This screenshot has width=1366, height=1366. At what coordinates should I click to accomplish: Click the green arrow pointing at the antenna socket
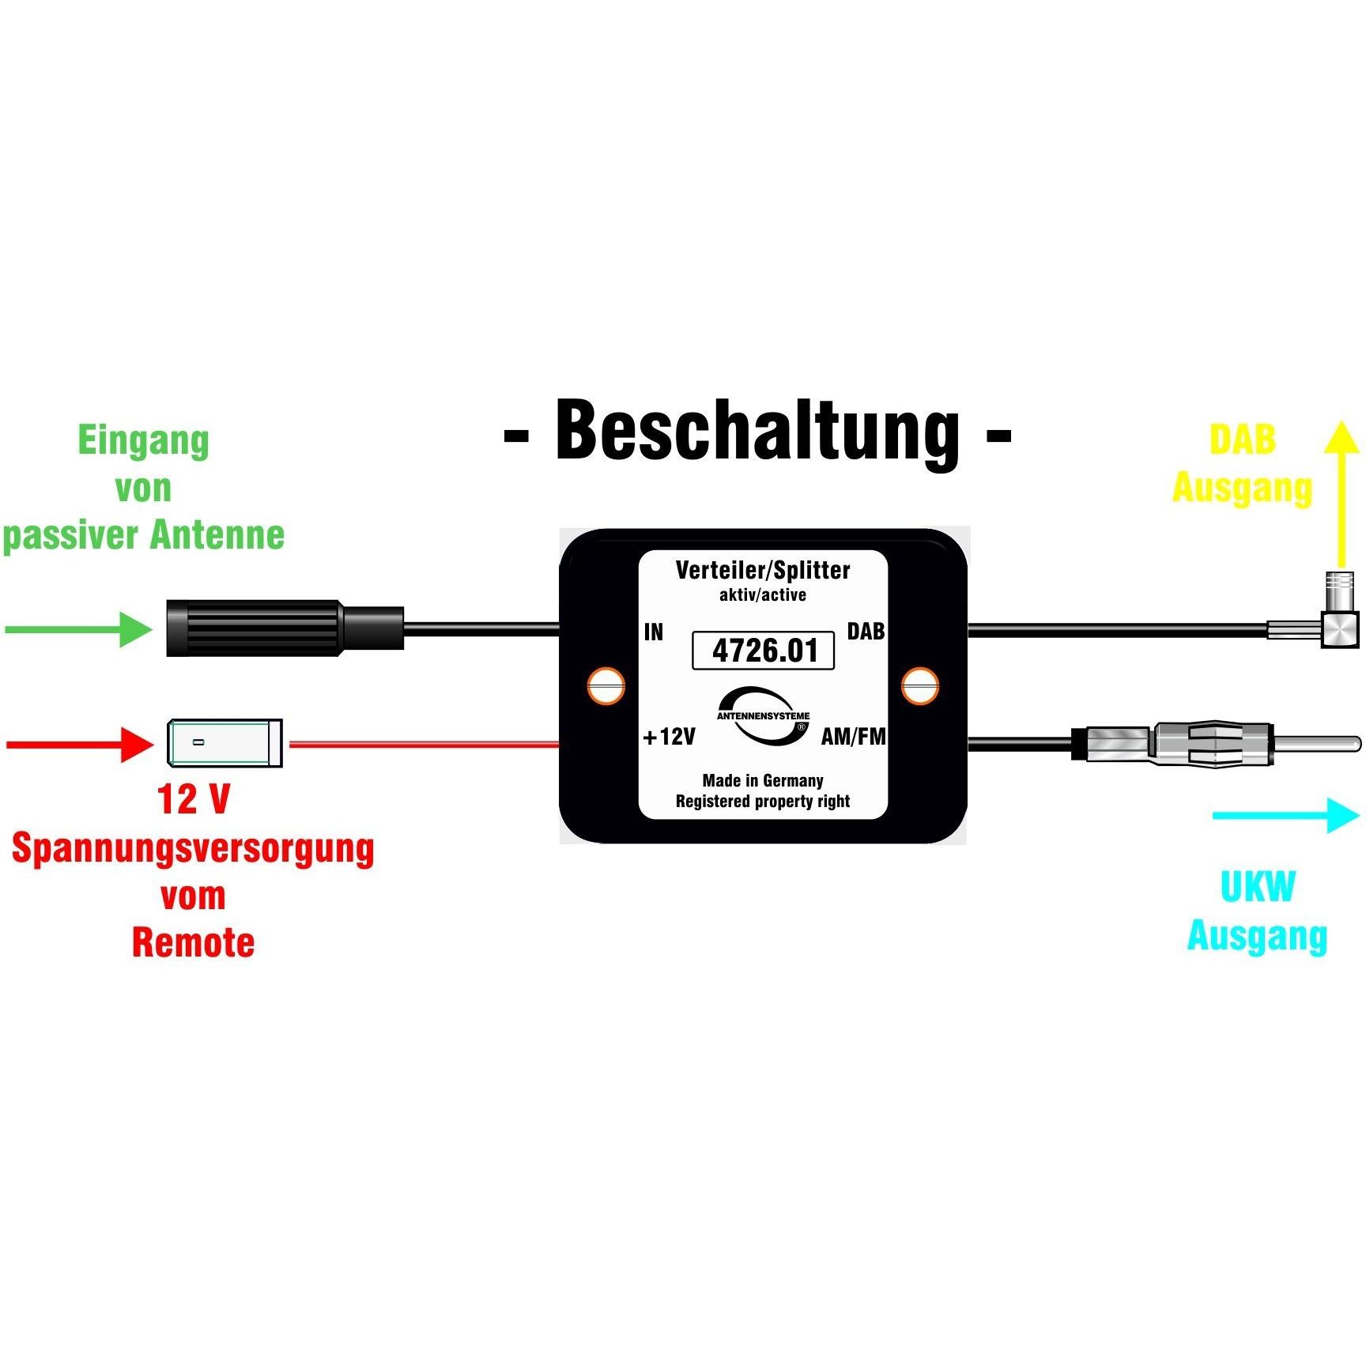pos(79,629)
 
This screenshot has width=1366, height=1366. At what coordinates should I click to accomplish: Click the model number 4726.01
pos(764,651)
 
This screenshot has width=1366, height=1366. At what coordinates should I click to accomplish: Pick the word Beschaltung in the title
pos(757,432)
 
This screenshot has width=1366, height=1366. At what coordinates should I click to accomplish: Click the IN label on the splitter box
pos(654,632)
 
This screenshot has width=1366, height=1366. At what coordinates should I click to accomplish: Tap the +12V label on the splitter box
pos(670,737)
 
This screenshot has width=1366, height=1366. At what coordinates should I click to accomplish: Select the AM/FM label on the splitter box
pos(853,737)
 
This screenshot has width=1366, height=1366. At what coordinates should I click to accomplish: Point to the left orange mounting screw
pos(606,686)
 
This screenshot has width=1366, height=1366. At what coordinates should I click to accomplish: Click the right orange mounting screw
pos(920,686)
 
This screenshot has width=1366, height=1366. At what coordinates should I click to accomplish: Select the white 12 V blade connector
pos(225,743)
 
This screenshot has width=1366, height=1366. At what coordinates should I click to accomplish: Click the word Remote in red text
pos(193,942)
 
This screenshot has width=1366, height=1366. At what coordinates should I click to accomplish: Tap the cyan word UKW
pos(1258,887)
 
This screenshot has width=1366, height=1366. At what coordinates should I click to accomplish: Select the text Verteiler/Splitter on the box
pos(763,570)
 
